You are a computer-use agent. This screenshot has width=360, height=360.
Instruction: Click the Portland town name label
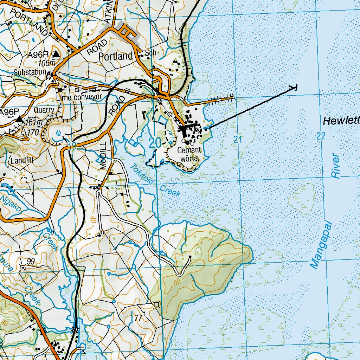pos(116,56)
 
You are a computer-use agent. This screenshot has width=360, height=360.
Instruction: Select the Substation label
pos(30,72)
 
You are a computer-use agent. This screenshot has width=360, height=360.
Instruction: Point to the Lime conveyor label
pos(79,97)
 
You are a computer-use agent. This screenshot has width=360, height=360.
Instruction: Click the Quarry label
pos(44,110)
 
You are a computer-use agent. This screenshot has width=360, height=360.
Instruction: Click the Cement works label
pos(189,154)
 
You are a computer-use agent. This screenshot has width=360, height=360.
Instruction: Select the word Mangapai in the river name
pos(319,245)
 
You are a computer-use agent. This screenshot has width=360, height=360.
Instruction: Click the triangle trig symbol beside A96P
pos(19,120)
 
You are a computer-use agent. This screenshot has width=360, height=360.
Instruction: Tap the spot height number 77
pos(138,318)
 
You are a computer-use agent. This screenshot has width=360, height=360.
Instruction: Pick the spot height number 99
pos(31,261)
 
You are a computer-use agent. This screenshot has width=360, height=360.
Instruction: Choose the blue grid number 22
pos(321,136)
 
